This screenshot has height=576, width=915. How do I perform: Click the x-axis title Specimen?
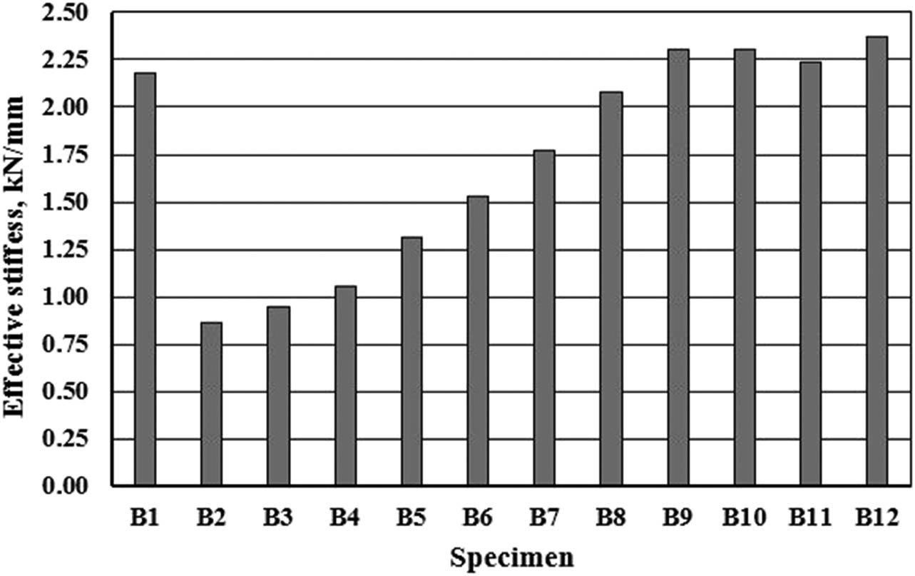tap(511, 557)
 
